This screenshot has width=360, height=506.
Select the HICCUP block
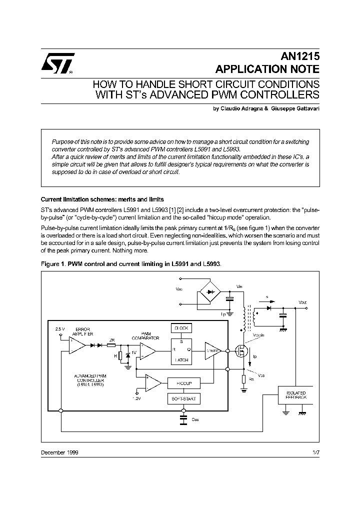tap(183, 383)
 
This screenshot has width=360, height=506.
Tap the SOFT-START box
tap(183, 398)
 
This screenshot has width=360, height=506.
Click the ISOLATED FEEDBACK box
tap(296, 394)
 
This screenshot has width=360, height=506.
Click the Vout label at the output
tap(302, 302)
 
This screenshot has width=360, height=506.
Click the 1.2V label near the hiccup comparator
tap(137, 398)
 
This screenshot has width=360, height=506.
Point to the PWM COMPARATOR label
tap(146, 335)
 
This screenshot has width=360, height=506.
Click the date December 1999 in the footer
tap(59, 452)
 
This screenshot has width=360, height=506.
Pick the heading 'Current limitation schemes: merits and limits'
tap(102, 199)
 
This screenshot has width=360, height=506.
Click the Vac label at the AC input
tap(179, 288)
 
